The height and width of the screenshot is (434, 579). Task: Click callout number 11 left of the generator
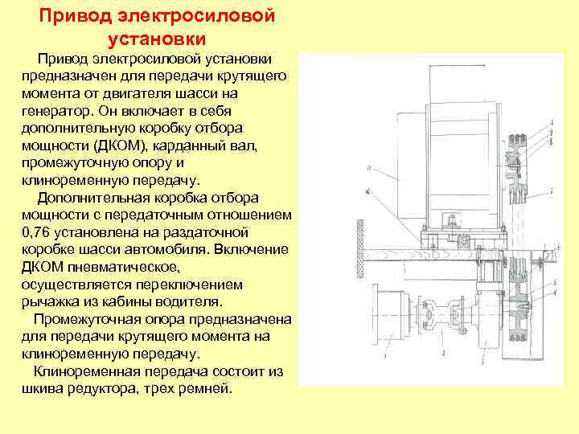click(x=368, y=168)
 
